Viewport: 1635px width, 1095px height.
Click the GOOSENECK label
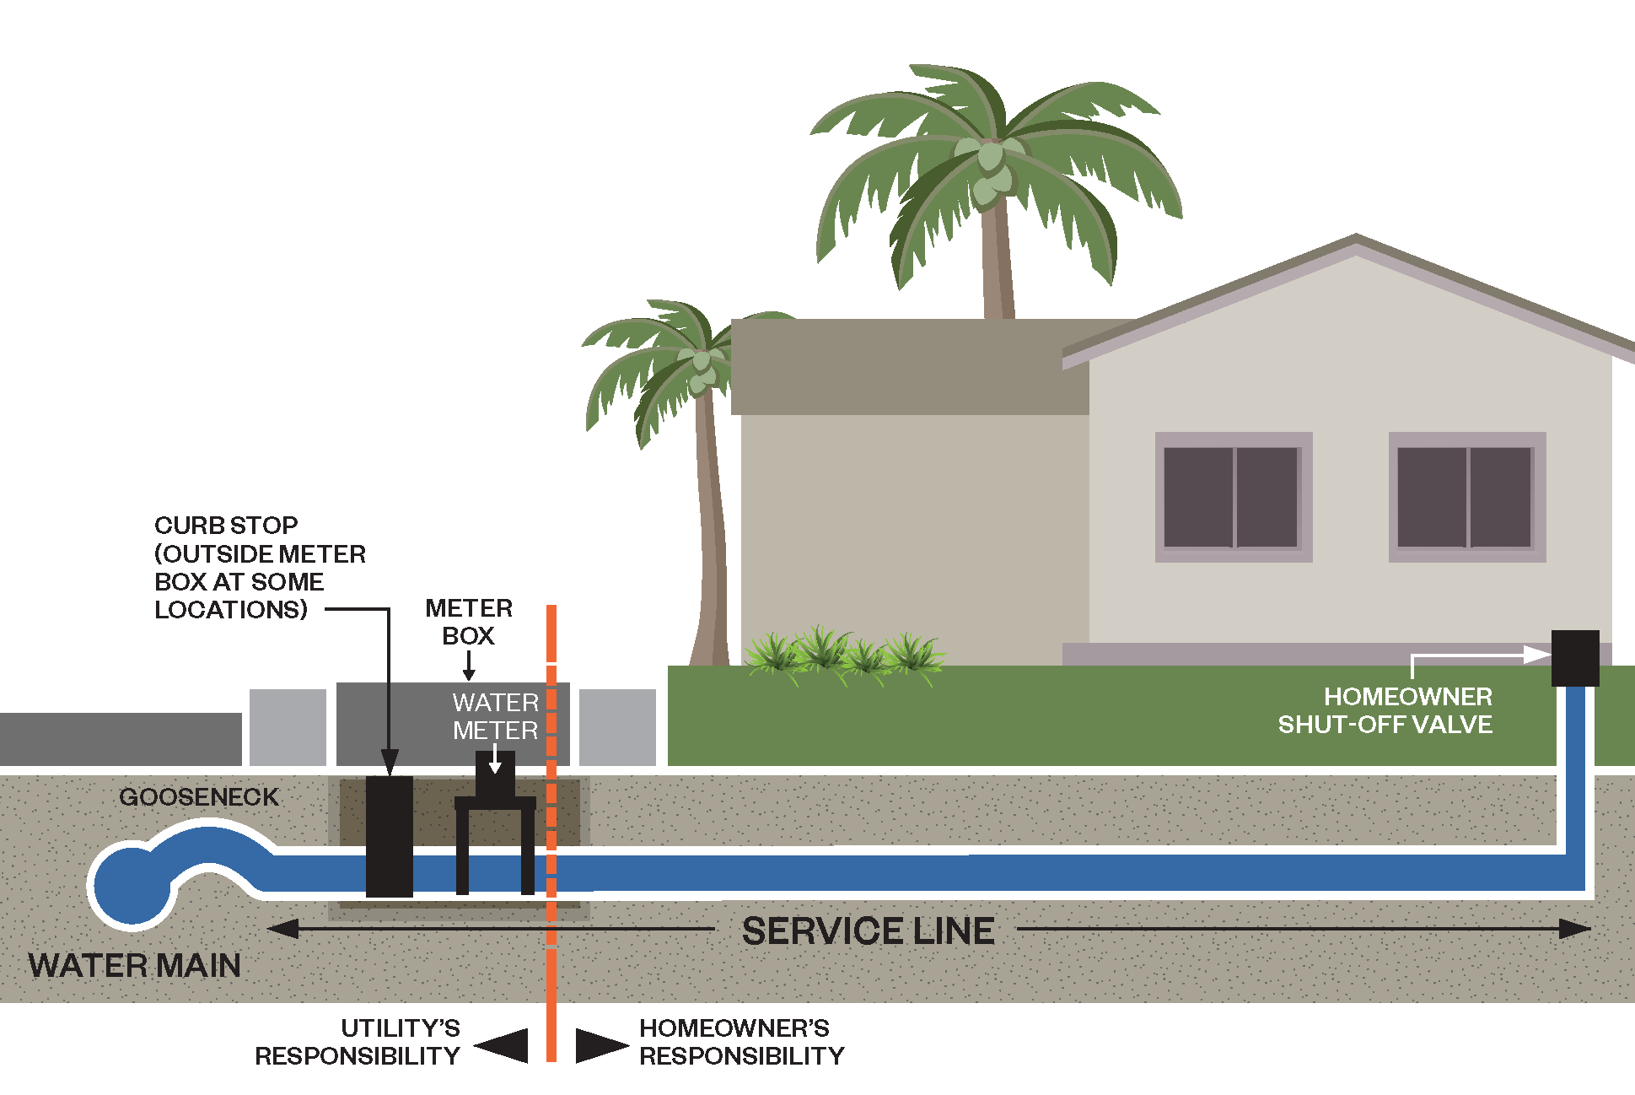click(x=199, y=797)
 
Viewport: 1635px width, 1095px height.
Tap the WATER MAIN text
click(x=135, y=966)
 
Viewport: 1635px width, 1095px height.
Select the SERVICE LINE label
click(x=868, y=931)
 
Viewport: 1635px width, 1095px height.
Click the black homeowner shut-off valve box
click(x=1575, y=658)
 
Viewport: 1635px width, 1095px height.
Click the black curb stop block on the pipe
click(x=389, y=835)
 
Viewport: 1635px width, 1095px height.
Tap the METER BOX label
click(x=469, y=622)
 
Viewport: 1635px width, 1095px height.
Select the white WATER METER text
click(x=495, y=716)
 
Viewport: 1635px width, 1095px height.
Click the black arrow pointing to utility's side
click(x=503, y=1045)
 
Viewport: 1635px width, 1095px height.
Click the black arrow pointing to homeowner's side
click(x=600, y=1045)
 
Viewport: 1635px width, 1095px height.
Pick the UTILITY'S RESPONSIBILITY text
click(x=358, y=1042)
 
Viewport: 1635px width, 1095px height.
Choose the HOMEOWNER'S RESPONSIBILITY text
click(x=741, y=1042)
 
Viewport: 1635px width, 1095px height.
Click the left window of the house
click(x=1233, y=497)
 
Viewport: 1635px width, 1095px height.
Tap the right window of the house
click(x=1466, y=497)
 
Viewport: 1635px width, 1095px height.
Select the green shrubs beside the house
click(x=843, y=653)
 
